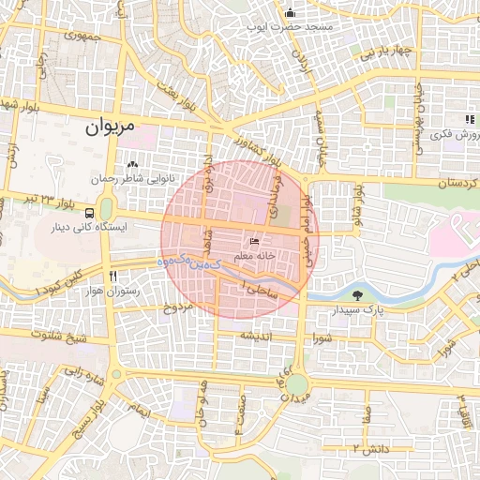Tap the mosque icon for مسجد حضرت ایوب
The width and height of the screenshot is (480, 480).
291,13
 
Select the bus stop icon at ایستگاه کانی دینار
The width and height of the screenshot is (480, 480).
89,213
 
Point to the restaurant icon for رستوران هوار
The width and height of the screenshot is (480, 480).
113,277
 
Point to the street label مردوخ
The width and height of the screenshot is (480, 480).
178,307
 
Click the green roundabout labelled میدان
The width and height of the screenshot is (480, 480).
296,384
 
